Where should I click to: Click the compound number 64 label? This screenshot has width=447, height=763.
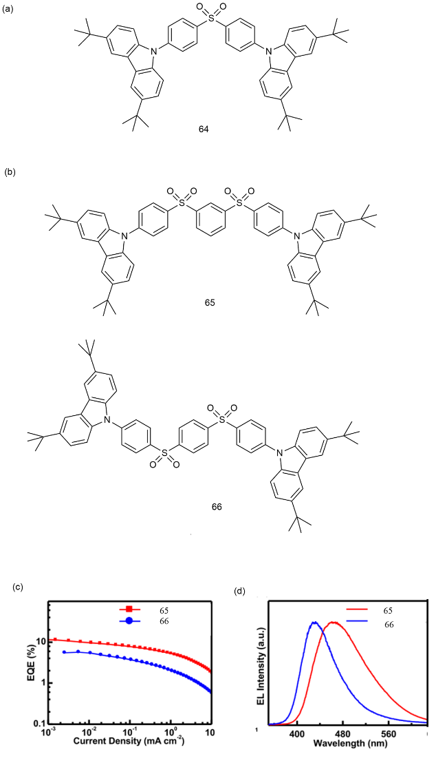(204, 130)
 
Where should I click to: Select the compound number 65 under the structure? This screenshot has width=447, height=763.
(210, 303)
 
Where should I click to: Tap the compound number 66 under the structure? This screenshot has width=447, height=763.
(217, 507)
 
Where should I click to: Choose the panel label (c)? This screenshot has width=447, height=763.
(17, 587)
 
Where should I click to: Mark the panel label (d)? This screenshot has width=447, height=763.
(239, 592)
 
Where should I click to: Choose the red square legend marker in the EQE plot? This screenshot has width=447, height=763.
(129, 609)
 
